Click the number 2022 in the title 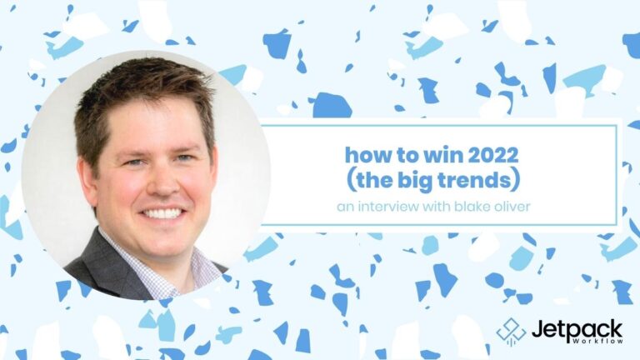tap(493, 155)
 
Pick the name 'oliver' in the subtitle tap(512, 207)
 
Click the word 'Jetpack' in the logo tap(577, 329)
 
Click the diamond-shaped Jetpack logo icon tap(511, 332)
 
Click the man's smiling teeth tap(162, 213)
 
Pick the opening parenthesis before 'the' tap(350, 181)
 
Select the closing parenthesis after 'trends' tap(516, 181)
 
